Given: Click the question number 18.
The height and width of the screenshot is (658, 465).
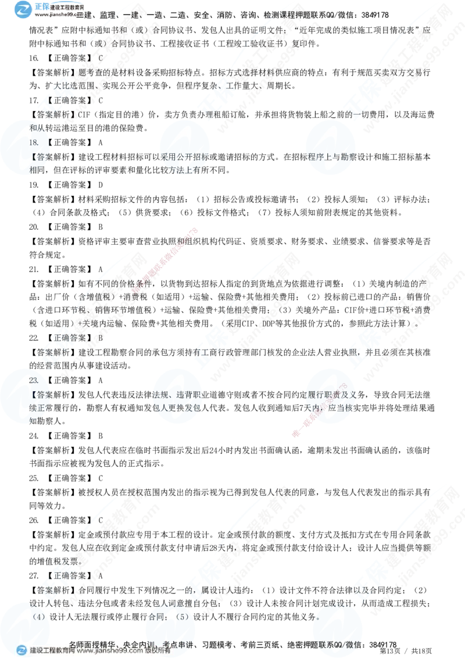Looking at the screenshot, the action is point(34,141).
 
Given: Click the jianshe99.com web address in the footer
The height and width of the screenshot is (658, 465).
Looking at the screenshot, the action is point(110,651).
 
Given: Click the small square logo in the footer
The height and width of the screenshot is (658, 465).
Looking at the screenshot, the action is point(22,650).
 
